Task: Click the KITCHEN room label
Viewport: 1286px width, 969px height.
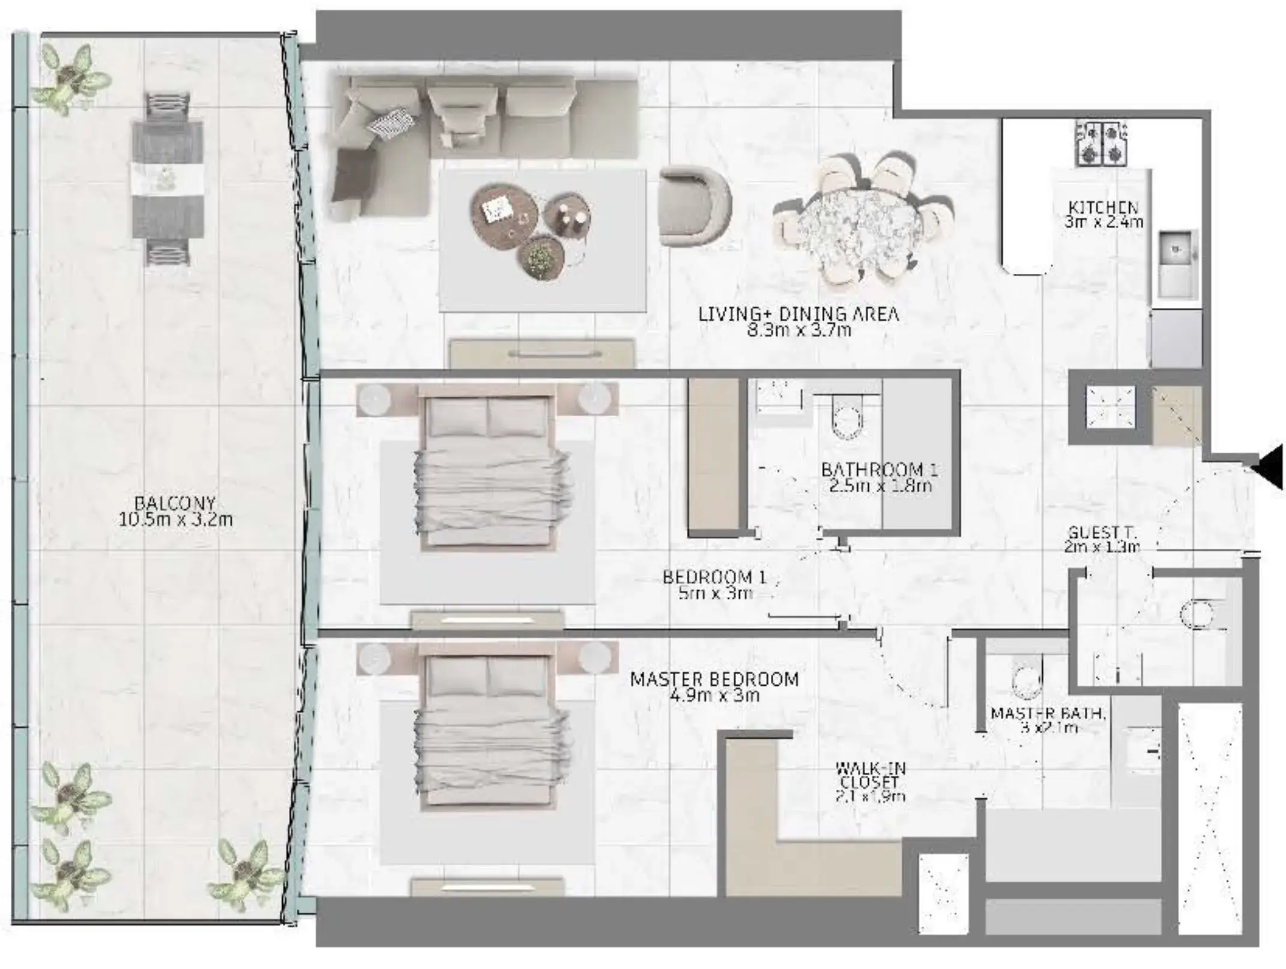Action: [x=1103, y=207]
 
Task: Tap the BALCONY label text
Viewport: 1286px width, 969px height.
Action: [x=175, y=503]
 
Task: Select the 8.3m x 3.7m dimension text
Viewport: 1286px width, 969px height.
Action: [x=799, y=330]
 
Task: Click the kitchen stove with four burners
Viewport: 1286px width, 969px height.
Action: [x=1101, y=144]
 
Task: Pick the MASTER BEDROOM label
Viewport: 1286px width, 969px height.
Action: [x=714, y=679]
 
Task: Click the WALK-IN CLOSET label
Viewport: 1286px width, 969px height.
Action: [x=870, y=775]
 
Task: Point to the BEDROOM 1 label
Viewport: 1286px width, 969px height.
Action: [x=714, y=577]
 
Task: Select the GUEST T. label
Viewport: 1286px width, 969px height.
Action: [x=1102, y=533]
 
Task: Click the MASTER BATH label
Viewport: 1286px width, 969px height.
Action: [x=1048, y=713]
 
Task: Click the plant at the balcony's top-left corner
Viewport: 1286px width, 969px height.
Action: [x=70, y=79]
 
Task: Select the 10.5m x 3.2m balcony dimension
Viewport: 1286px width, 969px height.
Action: [x=175, y=520]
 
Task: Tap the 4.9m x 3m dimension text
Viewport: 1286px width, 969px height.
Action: [x=714, y=696]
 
